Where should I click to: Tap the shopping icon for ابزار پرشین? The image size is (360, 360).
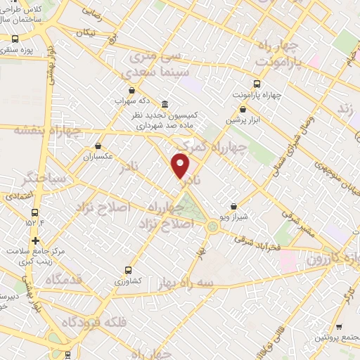(x=243, y=109)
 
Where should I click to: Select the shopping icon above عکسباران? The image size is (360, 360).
(x=98, y=146)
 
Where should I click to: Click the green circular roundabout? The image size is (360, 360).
(x=212, y=226)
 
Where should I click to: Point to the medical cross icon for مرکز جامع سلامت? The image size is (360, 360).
(x=35, y=240)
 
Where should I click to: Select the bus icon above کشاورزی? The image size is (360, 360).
(x=128, y=269)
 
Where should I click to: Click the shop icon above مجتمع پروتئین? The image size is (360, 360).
(x=339, y=328)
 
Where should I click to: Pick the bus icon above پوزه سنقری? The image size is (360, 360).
(x=15, y=40)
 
